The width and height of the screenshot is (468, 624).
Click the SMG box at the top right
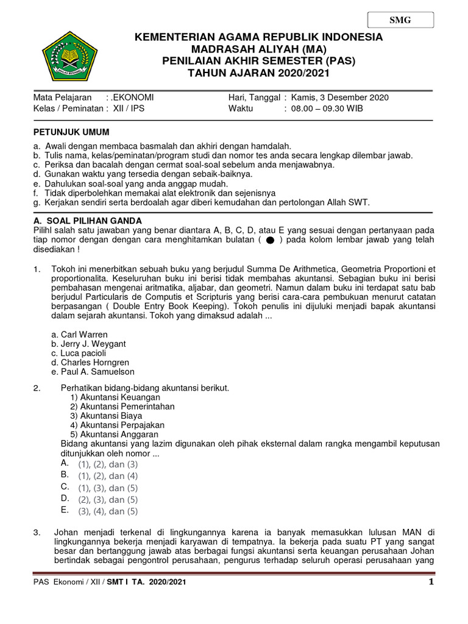(400, 20)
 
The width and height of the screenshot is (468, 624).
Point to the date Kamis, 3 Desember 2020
(339, 97)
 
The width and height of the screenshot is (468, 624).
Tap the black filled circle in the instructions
(270, 240)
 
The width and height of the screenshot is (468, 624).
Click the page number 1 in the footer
(430, 583)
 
